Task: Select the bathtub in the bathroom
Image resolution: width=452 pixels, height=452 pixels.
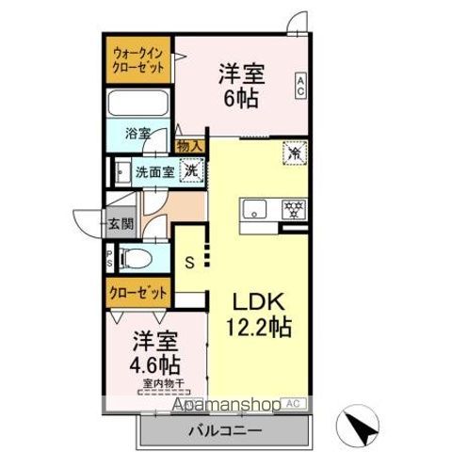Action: (137, 105)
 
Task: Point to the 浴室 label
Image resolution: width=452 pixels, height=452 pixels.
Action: (138, 134)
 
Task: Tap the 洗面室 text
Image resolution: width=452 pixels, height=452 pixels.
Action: (153, 172)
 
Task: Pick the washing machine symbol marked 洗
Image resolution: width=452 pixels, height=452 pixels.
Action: (190, 171)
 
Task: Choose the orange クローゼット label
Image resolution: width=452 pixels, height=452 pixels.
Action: (137, 293)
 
